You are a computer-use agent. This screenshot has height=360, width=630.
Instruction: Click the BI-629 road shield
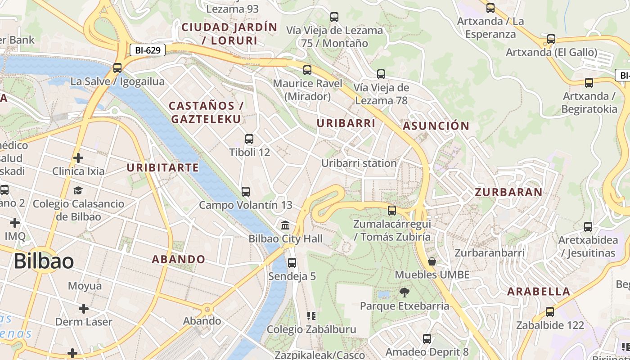pos(148,50)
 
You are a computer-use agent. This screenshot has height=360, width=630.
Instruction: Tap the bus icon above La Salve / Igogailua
pos(117,68)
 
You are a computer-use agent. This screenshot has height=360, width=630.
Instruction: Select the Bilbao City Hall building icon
pos(285,225)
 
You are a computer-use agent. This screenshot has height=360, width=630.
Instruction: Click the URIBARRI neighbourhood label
pos(346,123)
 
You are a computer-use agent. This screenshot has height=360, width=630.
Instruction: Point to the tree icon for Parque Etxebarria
pos(405,292)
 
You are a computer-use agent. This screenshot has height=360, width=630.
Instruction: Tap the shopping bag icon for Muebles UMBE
pos(432,261)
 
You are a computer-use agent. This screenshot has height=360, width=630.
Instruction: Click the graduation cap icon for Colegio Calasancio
pos(78,190)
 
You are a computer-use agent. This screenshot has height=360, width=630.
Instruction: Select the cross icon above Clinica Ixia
pos(78,158)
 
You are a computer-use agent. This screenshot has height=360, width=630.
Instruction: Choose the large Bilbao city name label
pos(44,261)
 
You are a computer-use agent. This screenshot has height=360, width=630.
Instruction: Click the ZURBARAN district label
pos(508,192)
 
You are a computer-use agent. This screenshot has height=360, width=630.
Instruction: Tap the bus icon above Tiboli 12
pos(249,139)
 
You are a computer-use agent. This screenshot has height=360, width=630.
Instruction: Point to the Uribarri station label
pos(359,163)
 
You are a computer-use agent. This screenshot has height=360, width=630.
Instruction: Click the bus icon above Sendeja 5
pos(292,262)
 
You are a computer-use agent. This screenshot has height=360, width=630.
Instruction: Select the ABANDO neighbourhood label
pos(178,259)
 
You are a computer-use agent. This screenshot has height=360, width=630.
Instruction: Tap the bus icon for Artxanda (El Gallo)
pos(551,39)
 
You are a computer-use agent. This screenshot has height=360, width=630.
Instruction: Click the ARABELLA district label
pos(539,291)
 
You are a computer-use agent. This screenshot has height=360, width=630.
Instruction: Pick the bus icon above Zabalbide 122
pos(549,312)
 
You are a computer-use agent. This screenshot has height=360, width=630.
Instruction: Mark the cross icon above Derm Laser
pos(84,309)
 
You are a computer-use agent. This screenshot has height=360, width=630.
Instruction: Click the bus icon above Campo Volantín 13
pos(246,192)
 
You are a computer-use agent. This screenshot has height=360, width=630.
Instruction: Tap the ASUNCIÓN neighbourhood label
pos(436,126)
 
